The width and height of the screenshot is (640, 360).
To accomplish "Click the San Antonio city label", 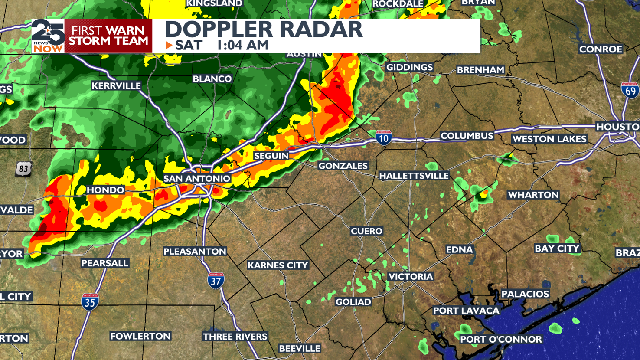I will (196, 179).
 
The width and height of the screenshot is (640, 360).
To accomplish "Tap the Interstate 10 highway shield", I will (383, 137).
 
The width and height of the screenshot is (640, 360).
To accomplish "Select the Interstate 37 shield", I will (216, 281).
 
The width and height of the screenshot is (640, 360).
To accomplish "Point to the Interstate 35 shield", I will (90, 301).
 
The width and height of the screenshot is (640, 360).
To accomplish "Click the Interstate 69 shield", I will (630, 90).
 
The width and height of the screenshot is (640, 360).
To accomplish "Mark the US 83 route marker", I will (23, 169).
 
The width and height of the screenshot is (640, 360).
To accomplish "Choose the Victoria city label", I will (410, 277).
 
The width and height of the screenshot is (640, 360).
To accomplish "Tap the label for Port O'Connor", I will (501, 340).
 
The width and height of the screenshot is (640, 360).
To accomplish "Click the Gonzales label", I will (343, 166).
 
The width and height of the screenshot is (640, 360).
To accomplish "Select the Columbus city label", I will (467, 136).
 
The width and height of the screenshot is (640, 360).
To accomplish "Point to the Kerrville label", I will (116, 86).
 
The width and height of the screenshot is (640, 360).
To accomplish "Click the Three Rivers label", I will (235, 337).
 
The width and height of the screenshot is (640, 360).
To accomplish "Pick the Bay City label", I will (557, 249).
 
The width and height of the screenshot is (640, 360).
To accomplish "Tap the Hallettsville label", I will (414, 176).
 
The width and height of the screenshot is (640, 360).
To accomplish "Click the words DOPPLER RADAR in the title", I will (263, 29).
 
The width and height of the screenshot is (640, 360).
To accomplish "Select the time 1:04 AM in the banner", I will (242, 45).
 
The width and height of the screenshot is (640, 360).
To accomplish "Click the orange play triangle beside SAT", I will (169, 45).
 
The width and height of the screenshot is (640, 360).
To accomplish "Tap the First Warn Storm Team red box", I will (108, 36).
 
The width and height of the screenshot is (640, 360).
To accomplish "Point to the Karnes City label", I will (278, 265).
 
